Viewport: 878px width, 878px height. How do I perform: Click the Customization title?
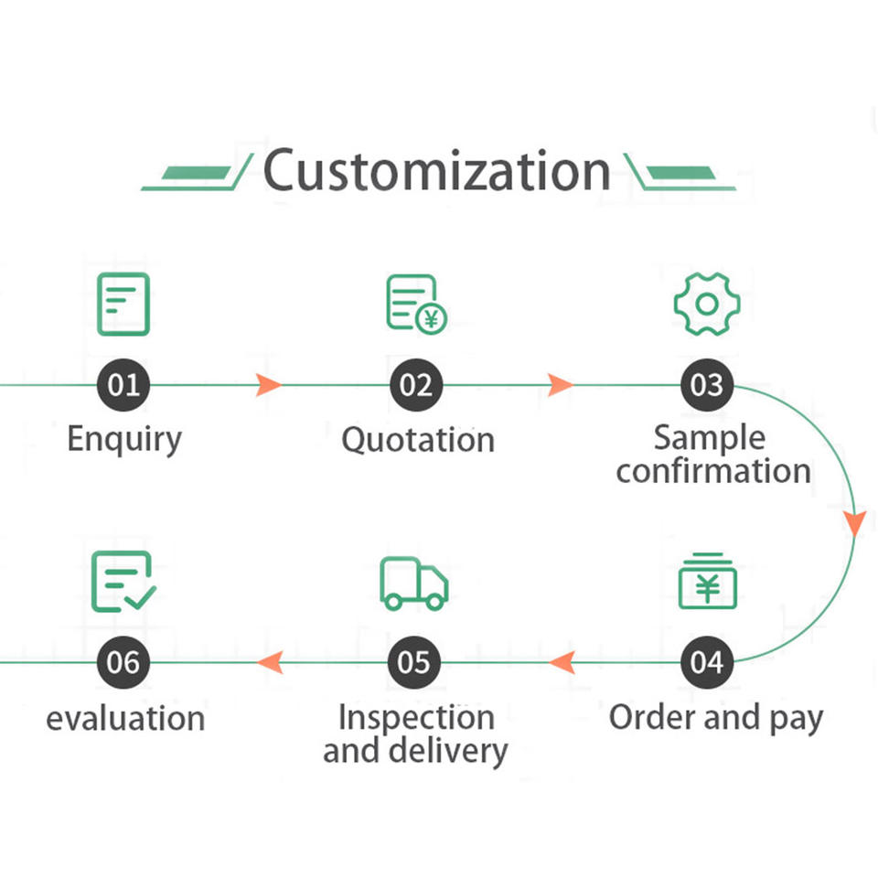click(x=437, y=171)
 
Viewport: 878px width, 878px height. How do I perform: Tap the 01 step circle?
click(x=123, y=385)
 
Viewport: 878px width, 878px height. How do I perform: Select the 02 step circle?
click(x=416, y=385)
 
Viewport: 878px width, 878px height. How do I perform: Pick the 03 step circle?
click(x=707, y=385)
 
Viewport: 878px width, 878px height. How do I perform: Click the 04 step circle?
click(x=707, y=662)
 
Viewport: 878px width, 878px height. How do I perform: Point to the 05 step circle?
click(x=414, y=662)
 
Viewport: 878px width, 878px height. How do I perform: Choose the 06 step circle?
click(x=123, y=662)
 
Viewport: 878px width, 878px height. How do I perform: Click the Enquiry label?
click(x=124, y=439)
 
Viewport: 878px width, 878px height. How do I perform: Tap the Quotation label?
click(x=418, y=440)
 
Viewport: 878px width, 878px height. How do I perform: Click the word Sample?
click(x=709, y=437)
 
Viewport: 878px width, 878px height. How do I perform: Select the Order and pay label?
click(x=716, y=718)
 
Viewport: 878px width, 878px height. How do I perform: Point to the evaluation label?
click(x=125, y=719)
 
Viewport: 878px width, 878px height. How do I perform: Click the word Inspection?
click(x=416, y=718)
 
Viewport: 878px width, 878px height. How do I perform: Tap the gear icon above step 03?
click(x=707, y=304)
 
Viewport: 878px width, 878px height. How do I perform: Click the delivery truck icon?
click(x=414, y=583)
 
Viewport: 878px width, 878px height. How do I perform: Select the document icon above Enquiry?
click(x=123, y=304)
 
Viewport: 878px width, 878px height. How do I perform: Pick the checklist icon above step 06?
click(x=123, y=582)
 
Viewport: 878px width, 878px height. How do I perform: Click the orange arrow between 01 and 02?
click(x=268, y=385)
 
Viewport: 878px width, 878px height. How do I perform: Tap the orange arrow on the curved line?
click(x=854, y=523)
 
